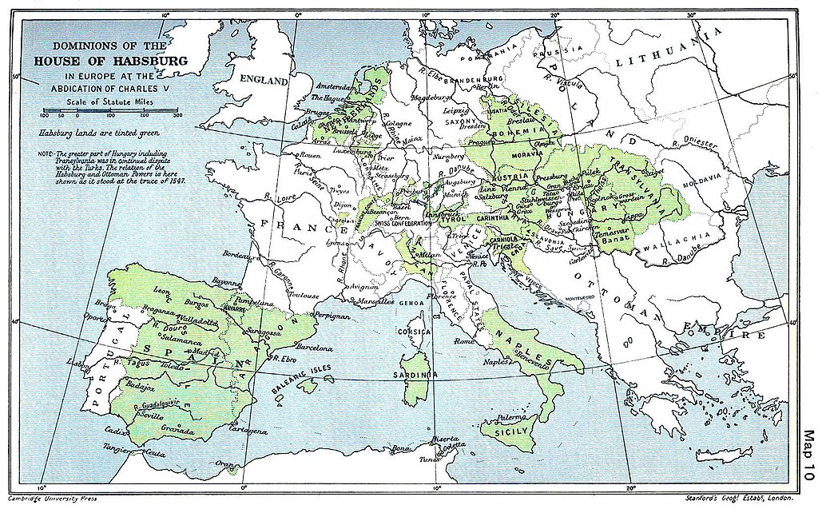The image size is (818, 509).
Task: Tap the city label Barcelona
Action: pos(313,348)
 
